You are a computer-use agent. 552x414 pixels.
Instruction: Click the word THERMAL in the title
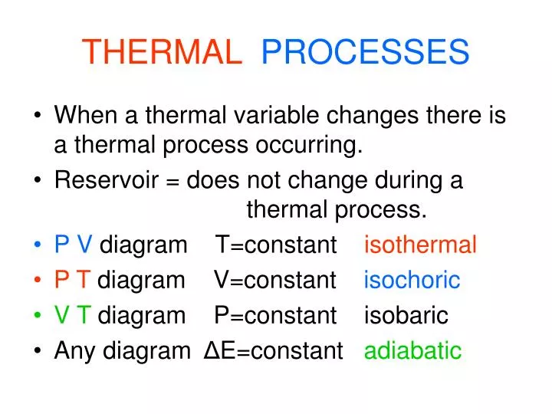(161, 52)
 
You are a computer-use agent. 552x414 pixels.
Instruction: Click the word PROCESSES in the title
(365, 52)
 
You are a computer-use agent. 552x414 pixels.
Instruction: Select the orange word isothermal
(420, 245)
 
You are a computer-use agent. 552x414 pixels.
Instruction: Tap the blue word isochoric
(412, 281)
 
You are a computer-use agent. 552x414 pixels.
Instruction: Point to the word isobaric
(406, 315)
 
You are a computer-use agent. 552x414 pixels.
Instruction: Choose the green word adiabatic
(412, 351)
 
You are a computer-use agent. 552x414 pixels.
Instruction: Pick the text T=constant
(276, 245)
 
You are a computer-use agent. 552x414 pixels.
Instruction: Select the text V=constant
(275, 281)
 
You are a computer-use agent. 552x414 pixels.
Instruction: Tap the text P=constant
(275, 315)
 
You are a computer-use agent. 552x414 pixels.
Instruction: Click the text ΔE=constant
(274, 351)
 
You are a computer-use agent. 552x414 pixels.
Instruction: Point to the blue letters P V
(74, 245)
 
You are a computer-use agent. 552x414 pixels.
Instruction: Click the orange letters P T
(73, 281)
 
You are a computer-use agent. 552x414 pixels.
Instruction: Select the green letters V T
(74, 315)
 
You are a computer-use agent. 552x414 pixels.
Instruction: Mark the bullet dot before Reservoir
(38, 182)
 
